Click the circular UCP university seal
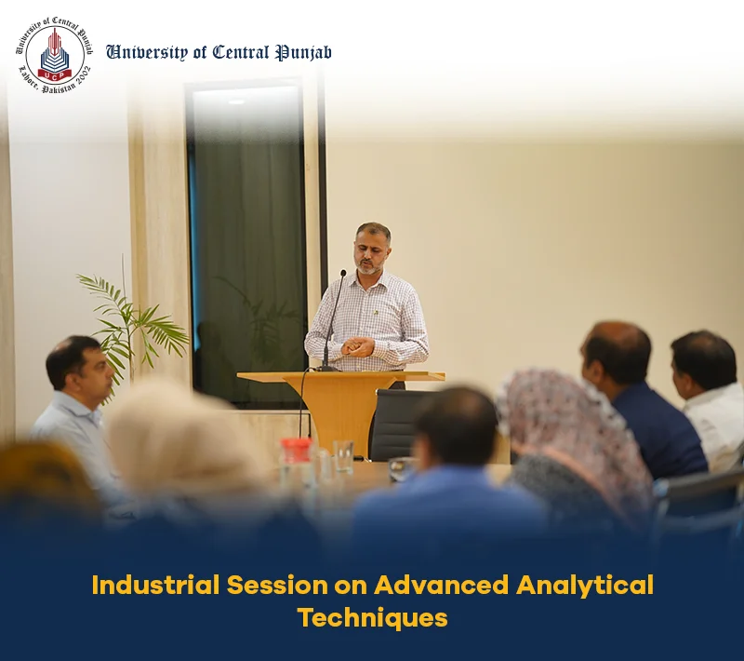(x=54, y=55)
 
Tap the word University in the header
(x=147, y=53)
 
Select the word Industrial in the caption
(x=155, y=585)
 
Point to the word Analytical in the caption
(x=585, y=586)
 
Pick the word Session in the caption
(x=277, y=585)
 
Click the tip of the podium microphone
(x=343, y=273)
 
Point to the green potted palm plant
(x=133, y=323)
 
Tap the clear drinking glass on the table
(x=343, y=457)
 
